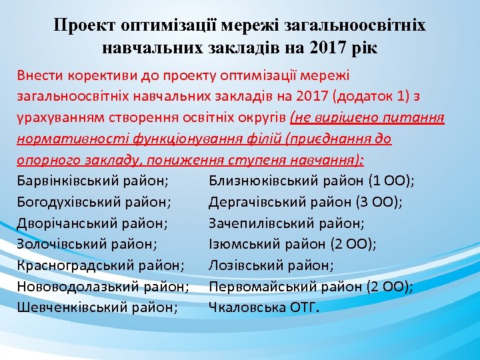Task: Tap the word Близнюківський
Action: click(x=261, y=181)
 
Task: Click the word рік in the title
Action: click(x=364, y=48)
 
